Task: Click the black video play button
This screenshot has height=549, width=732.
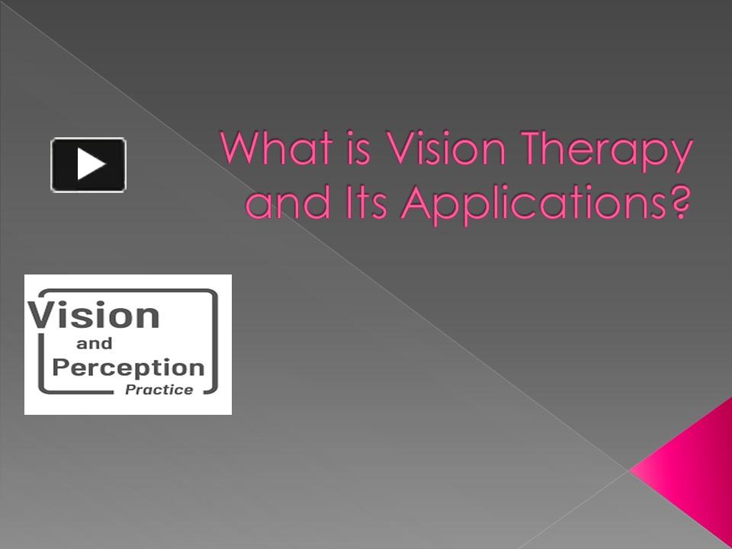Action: coord(88,164)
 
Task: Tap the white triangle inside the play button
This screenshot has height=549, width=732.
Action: coord(91,164)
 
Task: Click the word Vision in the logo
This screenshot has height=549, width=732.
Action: coord(95,315)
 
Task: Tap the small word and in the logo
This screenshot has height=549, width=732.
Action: coord(95,344)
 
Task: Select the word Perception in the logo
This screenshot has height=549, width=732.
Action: coord(128,368)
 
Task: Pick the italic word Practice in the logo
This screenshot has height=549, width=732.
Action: coord(162,390)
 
